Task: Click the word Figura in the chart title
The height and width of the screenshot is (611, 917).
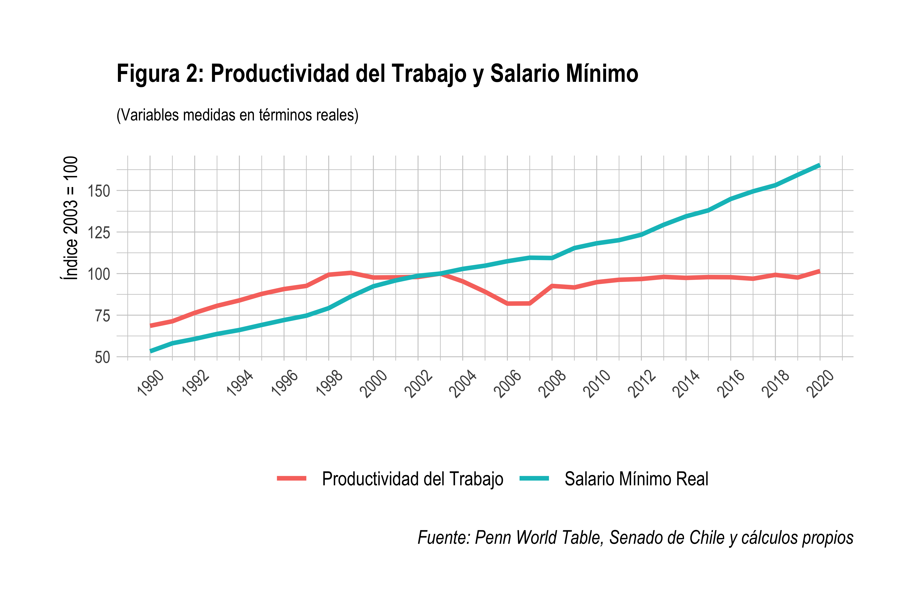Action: [x=148, y=74]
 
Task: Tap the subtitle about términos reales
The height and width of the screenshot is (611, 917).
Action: [x=238, y=115]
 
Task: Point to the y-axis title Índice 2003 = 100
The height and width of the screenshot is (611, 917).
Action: [x=70, y=218]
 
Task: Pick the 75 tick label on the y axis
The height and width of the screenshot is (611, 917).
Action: [x=103, y=316]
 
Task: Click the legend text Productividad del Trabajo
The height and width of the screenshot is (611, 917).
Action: [x=412, y=479]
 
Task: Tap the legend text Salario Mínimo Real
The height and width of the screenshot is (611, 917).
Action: [x=636, y=479]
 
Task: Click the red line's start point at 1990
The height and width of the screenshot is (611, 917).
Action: [x=150, y=325]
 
